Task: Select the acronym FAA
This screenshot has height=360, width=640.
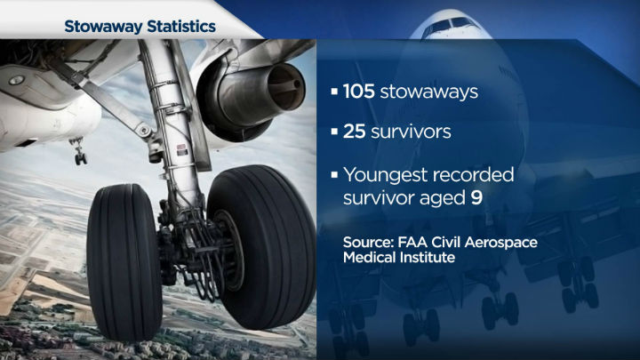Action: [x=424, y=243]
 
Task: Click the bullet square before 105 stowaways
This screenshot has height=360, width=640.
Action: [x=335, y=91]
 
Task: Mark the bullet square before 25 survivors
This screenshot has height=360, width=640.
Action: [x=335, y=132]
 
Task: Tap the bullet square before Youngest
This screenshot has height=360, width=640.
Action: [x=335, y=172]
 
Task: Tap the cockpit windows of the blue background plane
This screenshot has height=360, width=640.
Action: [x=449, y=24]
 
